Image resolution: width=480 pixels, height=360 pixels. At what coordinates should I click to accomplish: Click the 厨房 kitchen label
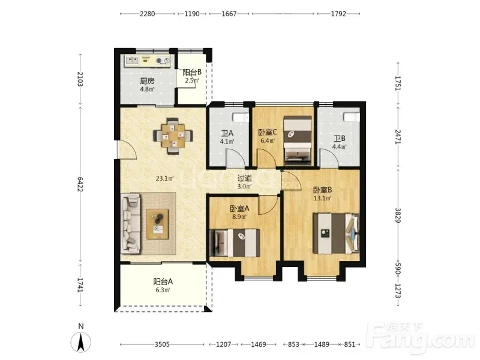(x=147, y=81)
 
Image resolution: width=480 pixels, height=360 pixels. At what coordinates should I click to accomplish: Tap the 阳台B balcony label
(x=192, y=72)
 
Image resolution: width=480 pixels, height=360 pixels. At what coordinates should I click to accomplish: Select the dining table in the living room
(x=173, y=136)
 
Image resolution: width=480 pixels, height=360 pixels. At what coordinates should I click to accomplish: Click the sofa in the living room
(x=131, y=223)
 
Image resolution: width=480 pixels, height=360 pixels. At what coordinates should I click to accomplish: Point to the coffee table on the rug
(x=157, y=224)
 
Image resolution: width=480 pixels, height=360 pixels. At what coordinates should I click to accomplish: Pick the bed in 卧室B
(x=336, y=233)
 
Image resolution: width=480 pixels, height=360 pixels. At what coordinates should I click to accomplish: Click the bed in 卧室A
(x=235, y=243)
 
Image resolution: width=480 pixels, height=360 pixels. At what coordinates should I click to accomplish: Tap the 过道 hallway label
(x=245, y=178)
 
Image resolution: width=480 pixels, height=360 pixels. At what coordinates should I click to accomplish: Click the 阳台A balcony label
(x=163, y=281)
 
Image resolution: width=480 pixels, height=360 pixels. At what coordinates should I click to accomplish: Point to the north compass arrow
(x=81, y=342)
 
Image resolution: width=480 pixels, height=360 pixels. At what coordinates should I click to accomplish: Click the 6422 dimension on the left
(x=80, y=184)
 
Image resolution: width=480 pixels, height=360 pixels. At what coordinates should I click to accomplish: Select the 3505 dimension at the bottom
(x=162, y=344)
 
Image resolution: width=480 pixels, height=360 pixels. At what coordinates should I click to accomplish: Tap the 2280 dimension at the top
(x=147, y=14)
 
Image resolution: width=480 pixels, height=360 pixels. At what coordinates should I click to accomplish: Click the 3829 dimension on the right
(x=398, y=215)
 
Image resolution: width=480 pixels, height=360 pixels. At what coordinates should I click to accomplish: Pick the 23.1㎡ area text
(x=164, y=178)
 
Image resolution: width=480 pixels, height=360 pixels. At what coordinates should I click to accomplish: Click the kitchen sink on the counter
(x=132, y=60)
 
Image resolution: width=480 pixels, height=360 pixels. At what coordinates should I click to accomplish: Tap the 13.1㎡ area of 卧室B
(x=322, y=198)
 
